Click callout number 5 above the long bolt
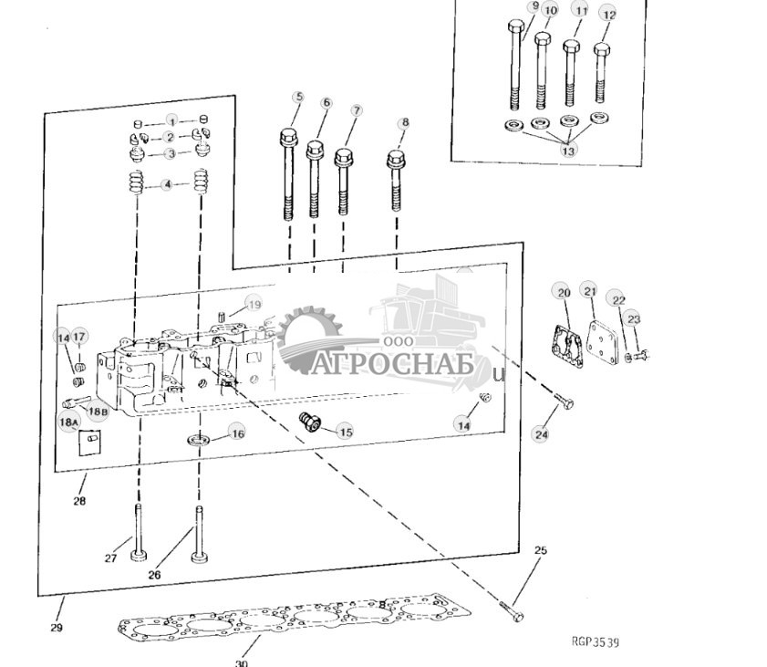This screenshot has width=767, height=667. pos(297,98)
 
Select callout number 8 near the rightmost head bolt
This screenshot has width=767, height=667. pos(404,123)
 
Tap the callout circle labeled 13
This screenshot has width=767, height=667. pos(568,151)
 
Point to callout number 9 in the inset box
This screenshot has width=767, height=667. pos(534,6)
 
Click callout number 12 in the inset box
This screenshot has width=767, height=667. pos(609,15)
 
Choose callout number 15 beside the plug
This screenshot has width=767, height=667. pos(344,432)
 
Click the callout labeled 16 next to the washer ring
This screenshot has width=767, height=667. pos(237,433)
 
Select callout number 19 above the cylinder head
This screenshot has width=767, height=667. pos(254,305)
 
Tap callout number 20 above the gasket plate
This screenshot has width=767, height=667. pos(564,292)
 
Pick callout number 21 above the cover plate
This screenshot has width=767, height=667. pos(590,291)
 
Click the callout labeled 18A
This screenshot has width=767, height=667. pos(67,422)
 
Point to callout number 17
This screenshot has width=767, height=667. pos(79,338)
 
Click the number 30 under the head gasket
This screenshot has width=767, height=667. pos(241,662)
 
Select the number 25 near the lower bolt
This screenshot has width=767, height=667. pos(540,551)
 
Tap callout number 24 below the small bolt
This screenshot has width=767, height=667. pos(542,435)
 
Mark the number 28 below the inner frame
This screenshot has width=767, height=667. pos(79,501)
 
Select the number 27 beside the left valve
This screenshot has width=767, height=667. pos(110,558)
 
